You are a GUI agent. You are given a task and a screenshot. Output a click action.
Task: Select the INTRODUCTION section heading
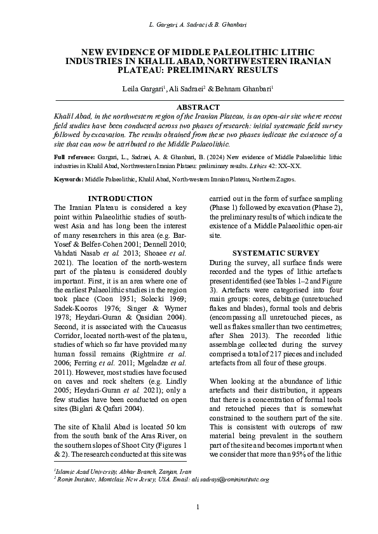(119, 199)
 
